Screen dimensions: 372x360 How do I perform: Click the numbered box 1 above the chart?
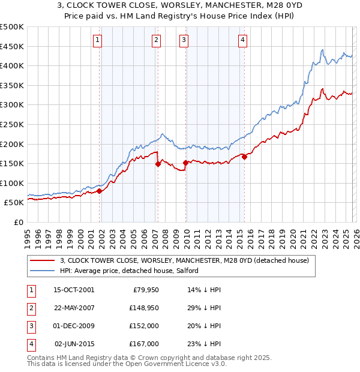[x=97, y=40]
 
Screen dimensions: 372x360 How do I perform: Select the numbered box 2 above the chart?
[x=156, y=40]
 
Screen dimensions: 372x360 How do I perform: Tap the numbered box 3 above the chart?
[x=184, y=40]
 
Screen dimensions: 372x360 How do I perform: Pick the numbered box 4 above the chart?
[x=242, y=40]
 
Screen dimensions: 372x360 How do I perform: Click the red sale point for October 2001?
[x=100, y=191]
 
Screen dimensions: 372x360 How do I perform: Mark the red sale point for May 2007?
[x=158, y=164]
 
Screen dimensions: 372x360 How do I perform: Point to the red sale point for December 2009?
[x=185, y=163]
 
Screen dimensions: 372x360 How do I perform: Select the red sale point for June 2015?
[x=244, y=157]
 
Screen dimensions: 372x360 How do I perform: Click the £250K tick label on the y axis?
[x=11, y=124]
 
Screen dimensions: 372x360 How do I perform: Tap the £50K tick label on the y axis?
[x=14, y=203]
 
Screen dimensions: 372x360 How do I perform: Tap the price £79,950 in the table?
[x=145, y=290]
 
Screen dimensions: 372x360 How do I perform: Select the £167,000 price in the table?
[x=144, y=344]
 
